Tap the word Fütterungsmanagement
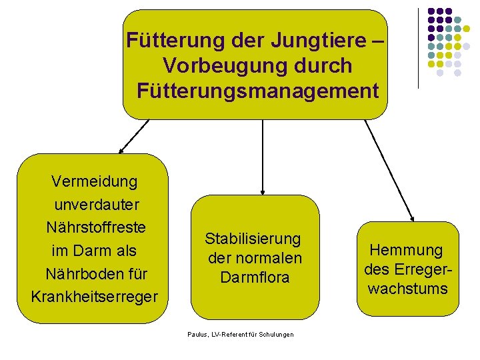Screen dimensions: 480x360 pyautogui.click(x=257, y=90)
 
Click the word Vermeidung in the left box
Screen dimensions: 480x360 pyautogui.click(x=95, y=181)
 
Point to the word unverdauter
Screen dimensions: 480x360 pyautogui.click(x=97, y=204)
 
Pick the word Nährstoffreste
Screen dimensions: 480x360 pyautogui.click(x=96, y=227)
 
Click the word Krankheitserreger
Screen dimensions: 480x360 pyautogui.click(x=95, y=295)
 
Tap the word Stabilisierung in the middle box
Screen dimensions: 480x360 pyautogui.click(x=253, y=239)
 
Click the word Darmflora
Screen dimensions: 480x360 pyautogui.click(x=255, y=276)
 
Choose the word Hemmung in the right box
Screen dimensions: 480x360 pyautogui.click(x=406, y=251)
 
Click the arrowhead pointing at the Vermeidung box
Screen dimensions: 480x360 pyautogui.click(x=123, y=150)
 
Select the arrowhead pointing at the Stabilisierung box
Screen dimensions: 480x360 pyautogui.click(x=263, y=191)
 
